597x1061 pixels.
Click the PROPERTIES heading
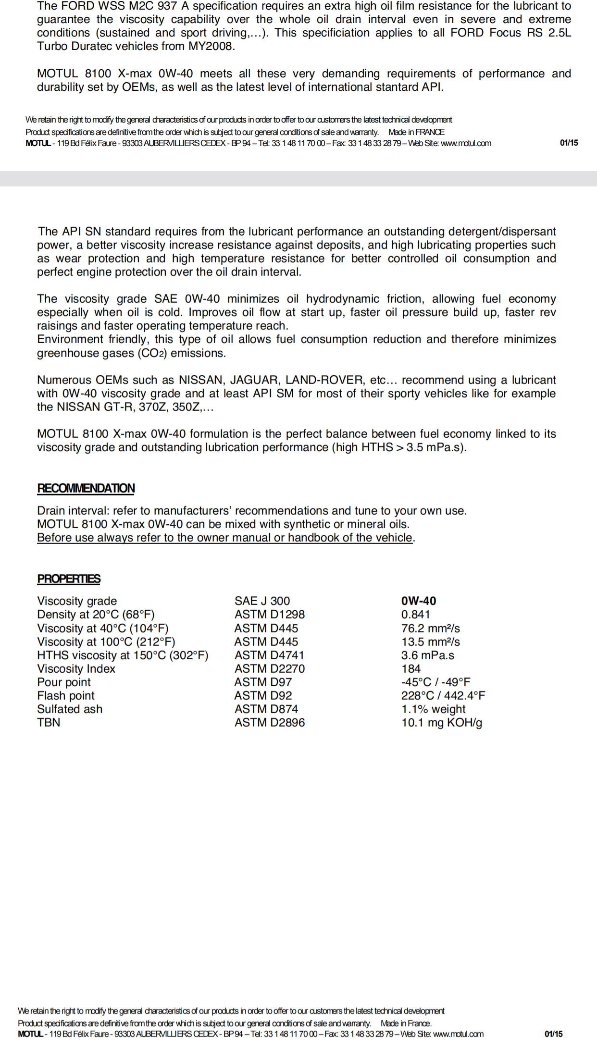point(69,579)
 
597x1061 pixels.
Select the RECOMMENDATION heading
point(86,488)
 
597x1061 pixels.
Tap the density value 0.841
point(416,614)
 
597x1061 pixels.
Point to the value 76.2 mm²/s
point(430,628)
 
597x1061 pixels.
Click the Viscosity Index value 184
point(411,668)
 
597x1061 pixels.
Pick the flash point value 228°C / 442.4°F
point(443,695)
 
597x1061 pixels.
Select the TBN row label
point(49,722)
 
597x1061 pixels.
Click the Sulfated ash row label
point(70,709)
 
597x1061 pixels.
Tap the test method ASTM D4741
point(269,655)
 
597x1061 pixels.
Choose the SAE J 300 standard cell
point(262,601)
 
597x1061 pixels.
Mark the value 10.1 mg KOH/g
point(442,722)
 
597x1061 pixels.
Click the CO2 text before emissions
point(153,353)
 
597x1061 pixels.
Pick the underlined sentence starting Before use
point(225,537)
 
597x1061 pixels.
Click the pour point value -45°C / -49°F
point(435,682)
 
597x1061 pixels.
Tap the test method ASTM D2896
point(269,722)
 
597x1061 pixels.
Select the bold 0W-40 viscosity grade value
point(419,601)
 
